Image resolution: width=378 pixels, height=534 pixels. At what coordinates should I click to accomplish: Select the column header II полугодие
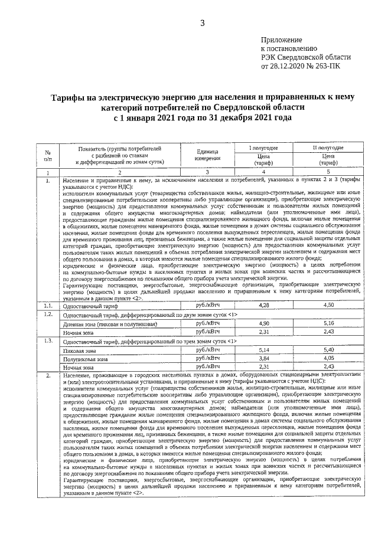click(328, 146)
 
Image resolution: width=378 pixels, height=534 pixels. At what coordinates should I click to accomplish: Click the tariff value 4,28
click(264, 304)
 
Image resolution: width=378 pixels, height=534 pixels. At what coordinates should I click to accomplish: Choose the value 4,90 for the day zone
click(264, 324)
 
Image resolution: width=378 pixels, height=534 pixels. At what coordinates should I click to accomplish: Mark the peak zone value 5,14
click(264, 350)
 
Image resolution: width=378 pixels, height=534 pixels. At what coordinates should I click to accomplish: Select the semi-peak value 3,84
click(264, 358)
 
